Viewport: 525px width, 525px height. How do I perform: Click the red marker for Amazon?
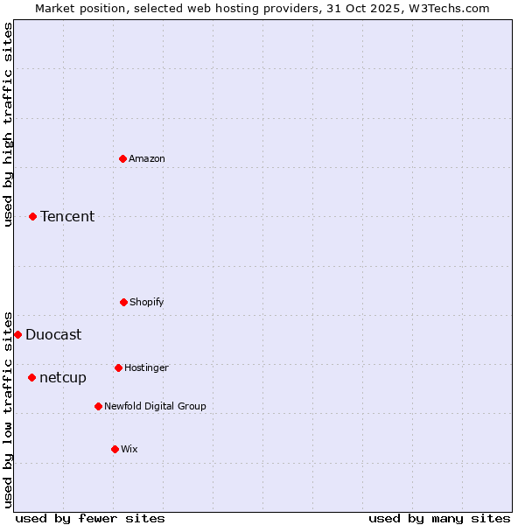pos(123,158)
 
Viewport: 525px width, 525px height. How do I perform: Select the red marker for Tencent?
pos(33,216)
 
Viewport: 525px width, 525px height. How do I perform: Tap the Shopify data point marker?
pos(123,302)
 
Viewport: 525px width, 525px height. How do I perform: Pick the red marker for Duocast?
pos(17,334)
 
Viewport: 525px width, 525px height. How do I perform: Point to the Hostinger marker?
pos(118,367)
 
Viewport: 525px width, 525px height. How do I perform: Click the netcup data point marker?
pos(32,377)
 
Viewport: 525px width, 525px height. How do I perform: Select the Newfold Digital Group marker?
pos(98,406)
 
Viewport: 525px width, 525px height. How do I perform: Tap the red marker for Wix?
pos(115,449)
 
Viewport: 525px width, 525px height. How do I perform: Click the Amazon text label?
pos(147,158)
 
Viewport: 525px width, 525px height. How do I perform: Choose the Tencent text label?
pos(67,216)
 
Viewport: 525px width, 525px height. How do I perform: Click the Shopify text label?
pos(147,302)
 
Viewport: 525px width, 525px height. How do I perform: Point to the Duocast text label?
pos(53,334)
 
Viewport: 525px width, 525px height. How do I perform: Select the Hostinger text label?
pos(146,367)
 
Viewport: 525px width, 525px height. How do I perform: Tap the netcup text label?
pos(63,377)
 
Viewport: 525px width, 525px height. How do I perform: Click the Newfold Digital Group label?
pos(156,406)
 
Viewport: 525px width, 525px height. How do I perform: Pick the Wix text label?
pos(129,449)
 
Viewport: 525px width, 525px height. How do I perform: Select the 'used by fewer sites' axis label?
pos(90,518)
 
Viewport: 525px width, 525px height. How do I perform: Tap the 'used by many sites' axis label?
pos(439,518)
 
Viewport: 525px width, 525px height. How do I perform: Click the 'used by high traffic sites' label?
pos(8,124)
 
